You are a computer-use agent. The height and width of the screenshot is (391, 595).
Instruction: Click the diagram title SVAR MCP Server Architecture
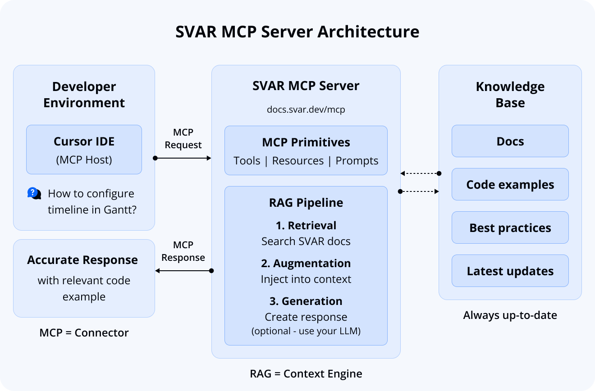(297, 32)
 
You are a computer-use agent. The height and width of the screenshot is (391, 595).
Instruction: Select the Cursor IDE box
(84, 150)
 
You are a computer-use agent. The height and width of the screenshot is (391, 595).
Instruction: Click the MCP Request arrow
(183, 158)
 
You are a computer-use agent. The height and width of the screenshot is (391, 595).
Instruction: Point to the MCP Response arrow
(183, 271)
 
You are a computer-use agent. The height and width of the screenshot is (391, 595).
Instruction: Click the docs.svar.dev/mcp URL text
(306, 109)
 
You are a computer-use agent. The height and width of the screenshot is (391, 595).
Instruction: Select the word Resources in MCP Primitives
(298, 161)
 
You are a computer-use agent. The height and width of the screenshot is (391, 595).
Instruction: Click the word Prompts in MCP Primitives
(357, 161)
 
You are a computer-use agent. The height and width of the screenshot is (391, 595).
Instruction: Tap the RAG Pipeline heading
(306, 203)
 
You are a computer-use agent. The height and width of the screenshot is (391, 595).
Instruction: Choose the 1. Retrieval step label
(306, 225)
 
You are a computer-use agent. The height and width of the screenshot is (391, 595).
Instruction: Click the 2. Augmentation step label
(306, 263)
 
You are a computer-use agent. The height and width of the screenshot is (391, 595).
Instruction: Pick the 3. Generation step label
(306, 301)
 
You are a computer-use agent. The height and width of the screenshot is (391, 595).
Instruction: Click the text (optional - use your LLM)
(306, 331)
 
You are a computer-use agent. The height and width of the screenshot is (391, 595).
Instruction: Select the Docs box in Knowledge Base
(510, 141)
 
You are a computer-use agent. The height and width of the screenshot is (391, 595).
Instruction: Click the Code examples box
(510, 185)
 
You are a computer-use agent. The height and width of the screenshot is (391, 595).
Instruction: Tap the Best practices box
(510, 228)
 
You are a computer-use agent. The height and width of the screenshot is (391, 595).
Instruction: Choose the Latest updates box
(510, 271)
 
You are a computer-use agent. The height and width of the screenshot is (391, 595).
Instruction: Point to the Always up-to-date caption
(510, 315)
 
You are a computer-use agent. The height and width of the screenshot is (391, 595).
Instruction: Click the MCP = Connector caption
(84, 333)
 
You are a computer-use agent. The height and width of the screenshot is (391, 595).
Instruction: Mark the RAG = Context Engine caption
(306, 373)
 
